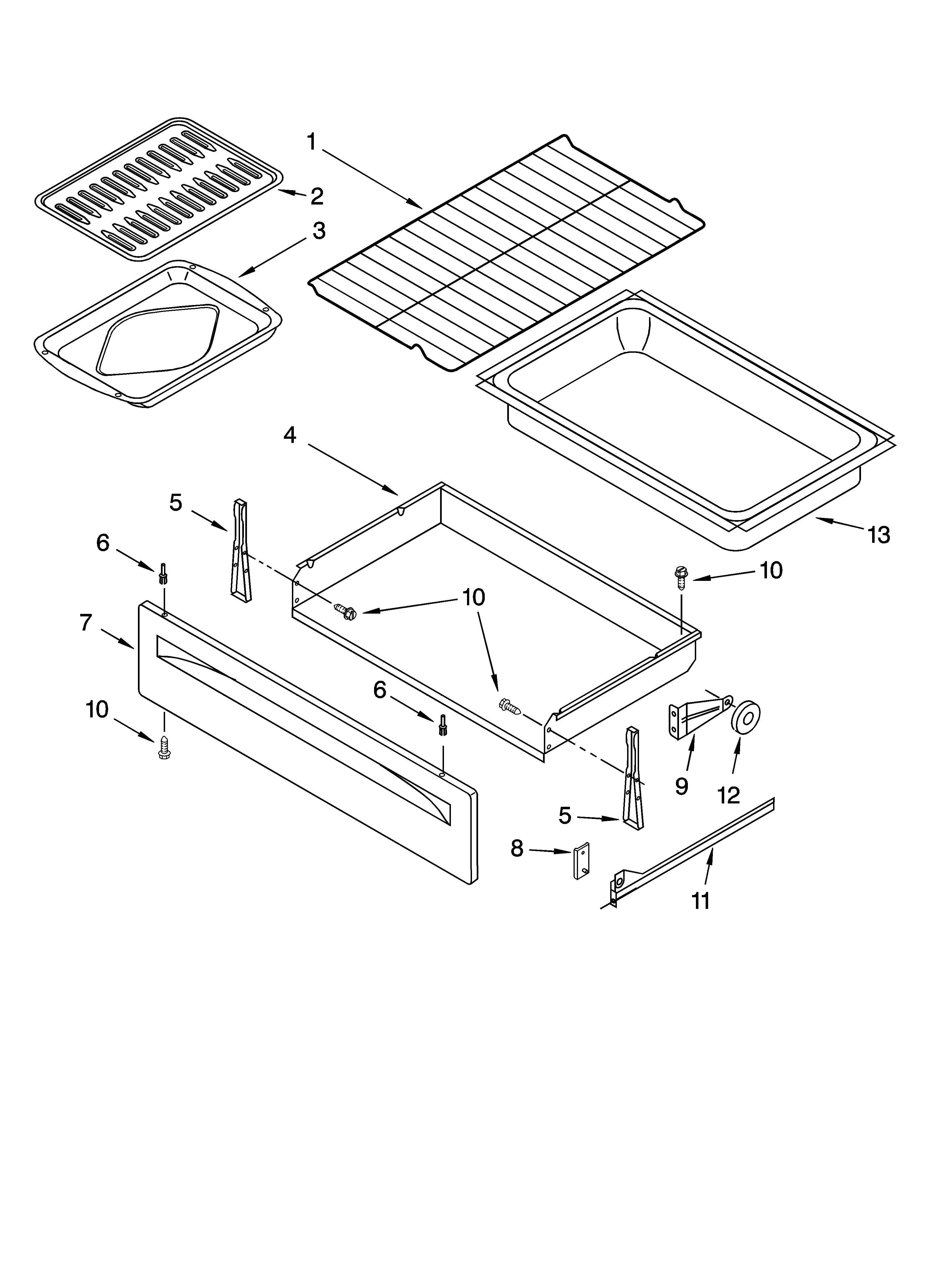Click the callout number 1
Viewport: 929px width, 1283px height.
[x=311, y=142]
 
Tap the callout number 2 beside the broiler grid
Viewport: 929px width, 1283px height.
[x=317, y=196]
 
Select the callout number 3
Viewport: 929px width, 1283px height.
[x=319, y=231]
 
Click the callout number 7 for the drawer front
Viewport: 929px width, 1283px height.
[x=85, y=623]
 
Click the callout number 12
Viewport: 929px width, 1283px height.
[x=729, y=795]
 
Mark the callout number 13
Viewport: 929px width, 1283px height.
[x=879, y=535]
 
